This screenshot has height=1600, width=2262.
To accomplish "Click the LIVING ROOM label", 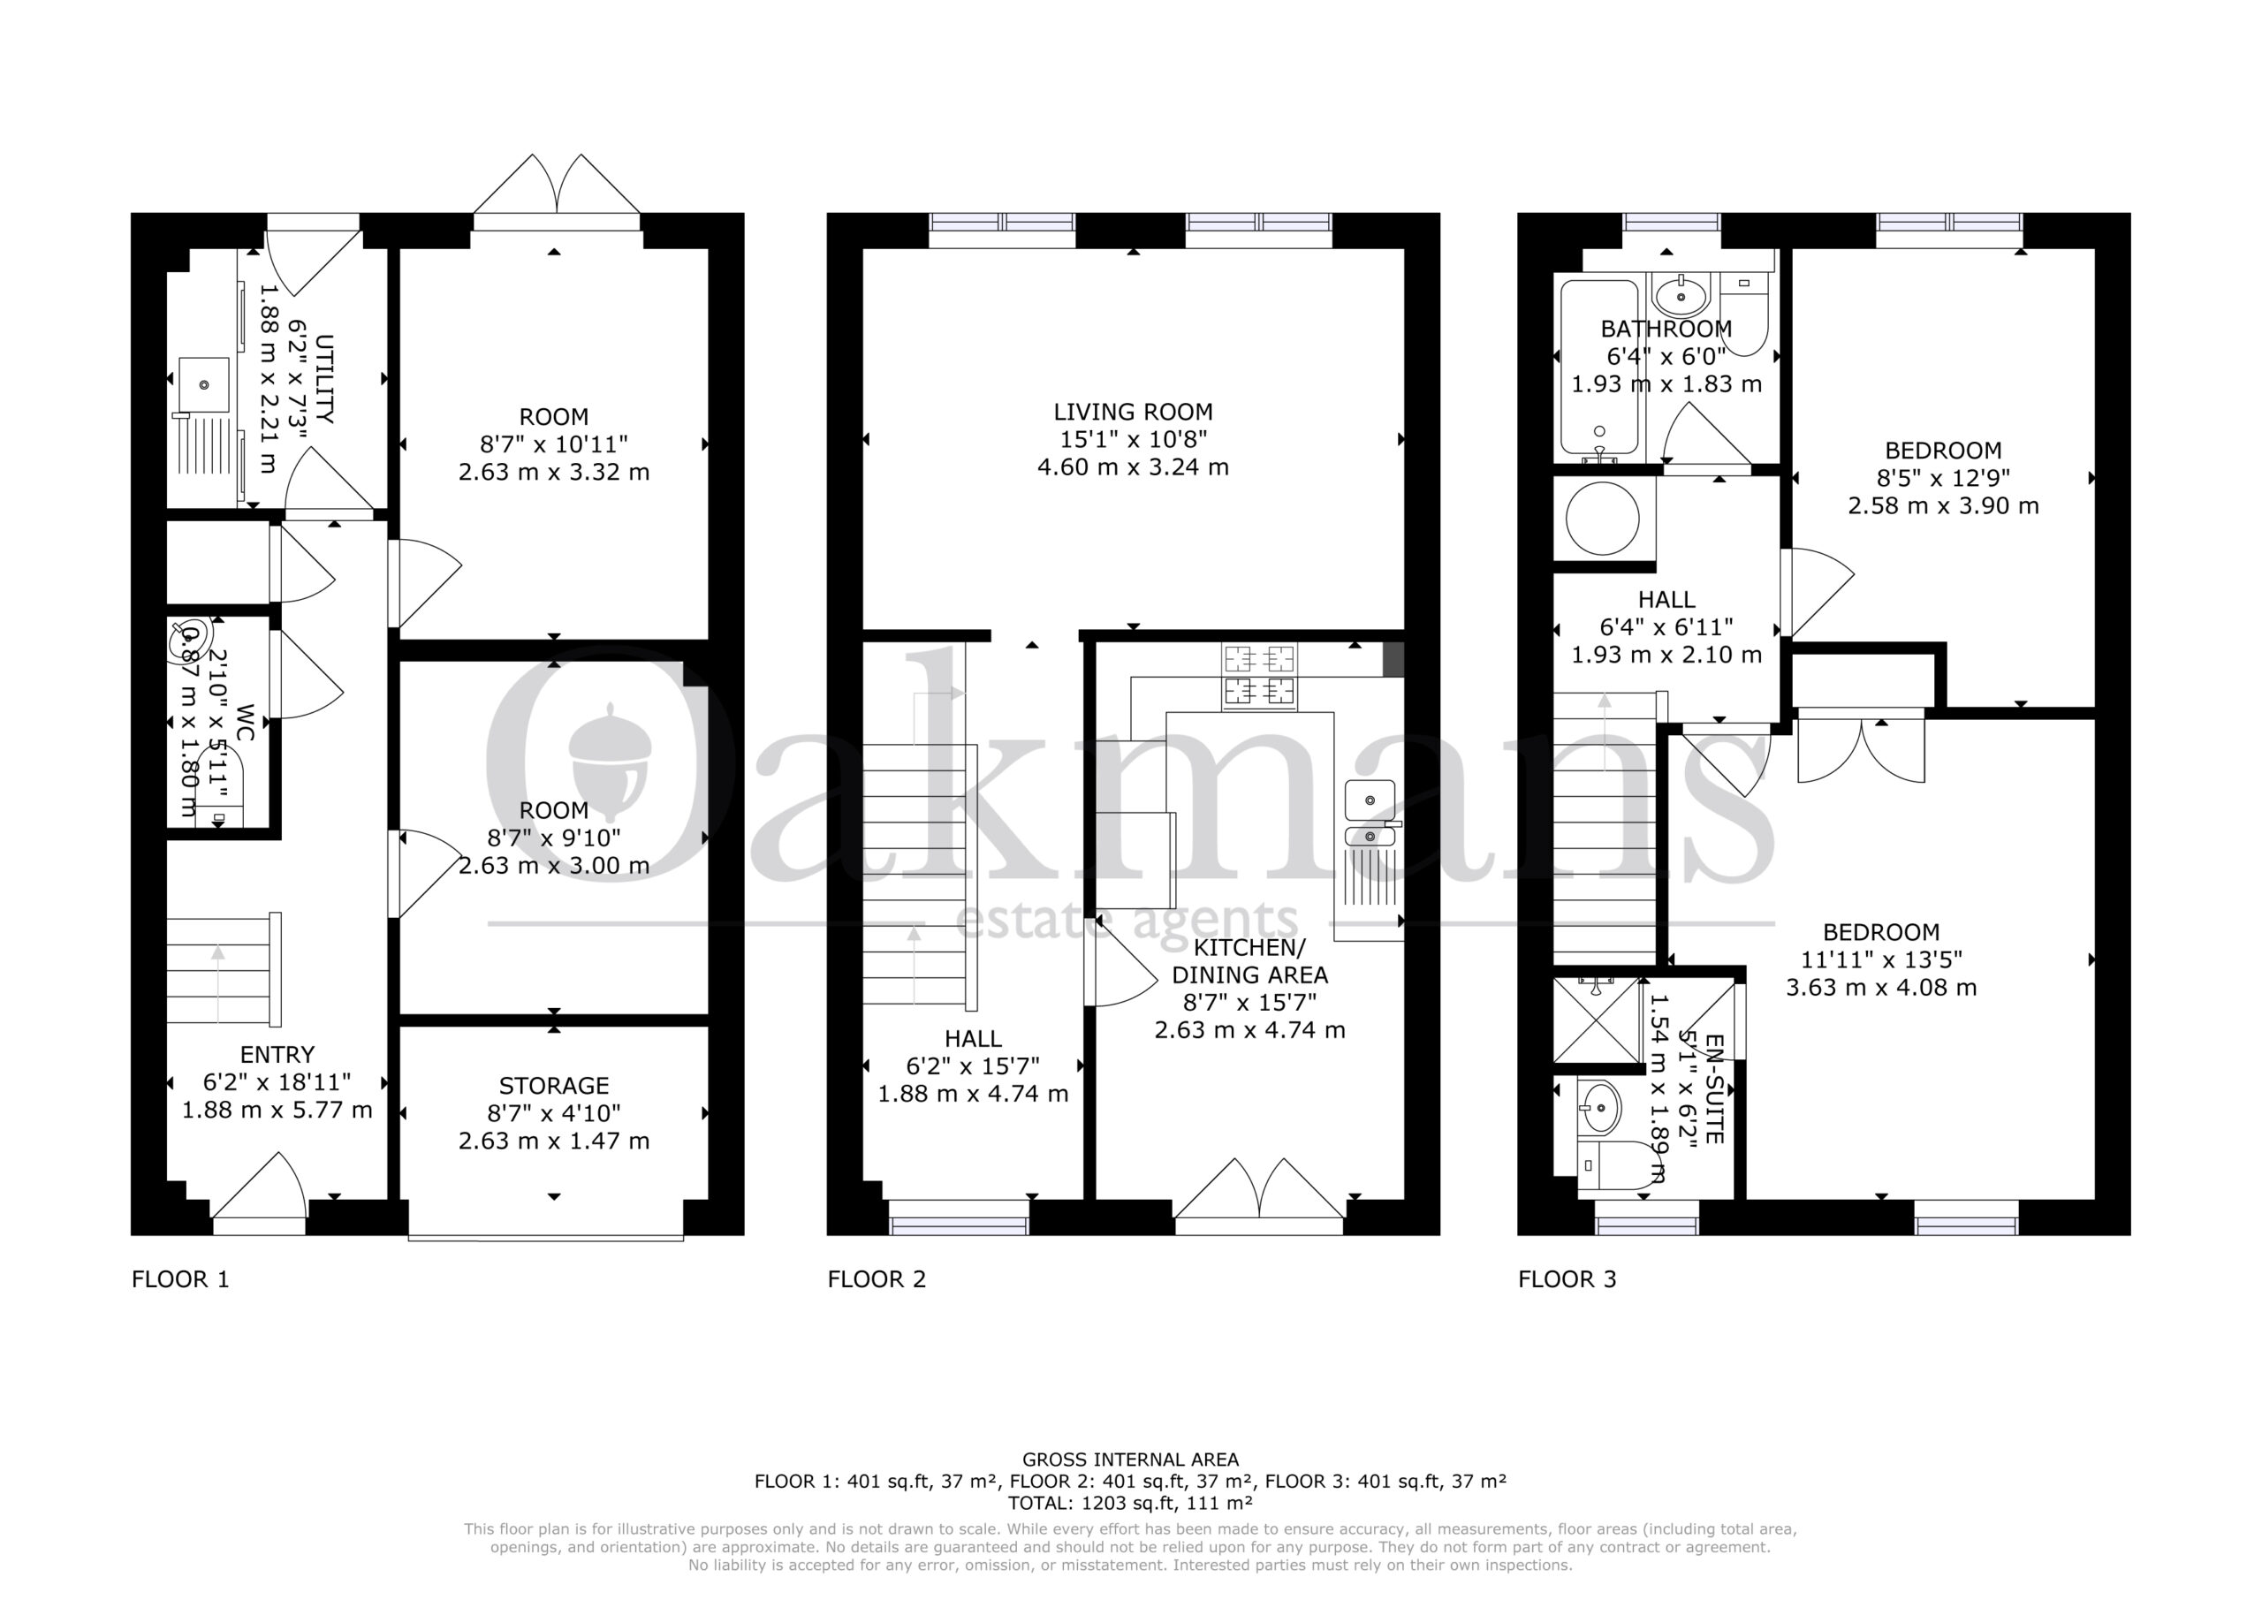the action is [x=1133, y=412].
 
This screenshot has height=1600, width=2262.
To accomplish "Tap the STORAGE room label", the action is [x=554, y=1086].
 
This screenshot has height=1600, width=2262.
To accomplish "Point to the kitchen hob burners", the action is [x=1259, y=676].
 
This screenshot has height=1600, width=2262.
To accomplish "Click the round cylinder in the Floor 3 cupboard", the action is [x=1603, y=517].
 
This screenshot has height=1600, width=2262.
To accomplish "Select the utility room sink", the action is [x=205, y=384].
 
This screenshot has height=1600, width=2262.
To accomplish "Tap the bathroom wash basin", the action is [x=1681, y=292].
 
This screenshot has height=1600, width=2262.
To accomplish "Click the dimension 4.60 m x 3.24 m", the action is [x=1133, y=467].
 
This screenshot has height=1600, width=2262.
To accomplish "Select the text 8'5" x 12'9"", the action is [x=1943, y=478].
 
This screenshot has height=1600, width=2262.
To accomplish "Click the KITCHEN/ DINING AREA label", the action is [x=1249, y=960].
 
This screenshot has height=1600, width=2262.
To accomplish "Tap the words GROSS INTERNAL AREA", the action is [x=1130, y=1460].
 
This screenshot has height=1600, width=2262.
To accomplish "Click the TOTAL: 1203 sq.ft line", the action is [x=1130, y=1503].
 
